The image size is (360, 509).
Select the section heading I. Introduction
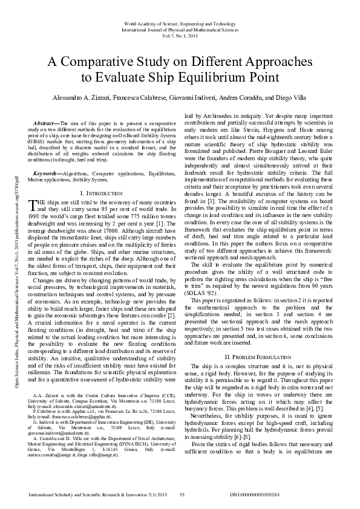click(x=99, y=176)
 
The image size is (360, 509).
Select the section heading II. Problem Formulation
click(x=258, y=357)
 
